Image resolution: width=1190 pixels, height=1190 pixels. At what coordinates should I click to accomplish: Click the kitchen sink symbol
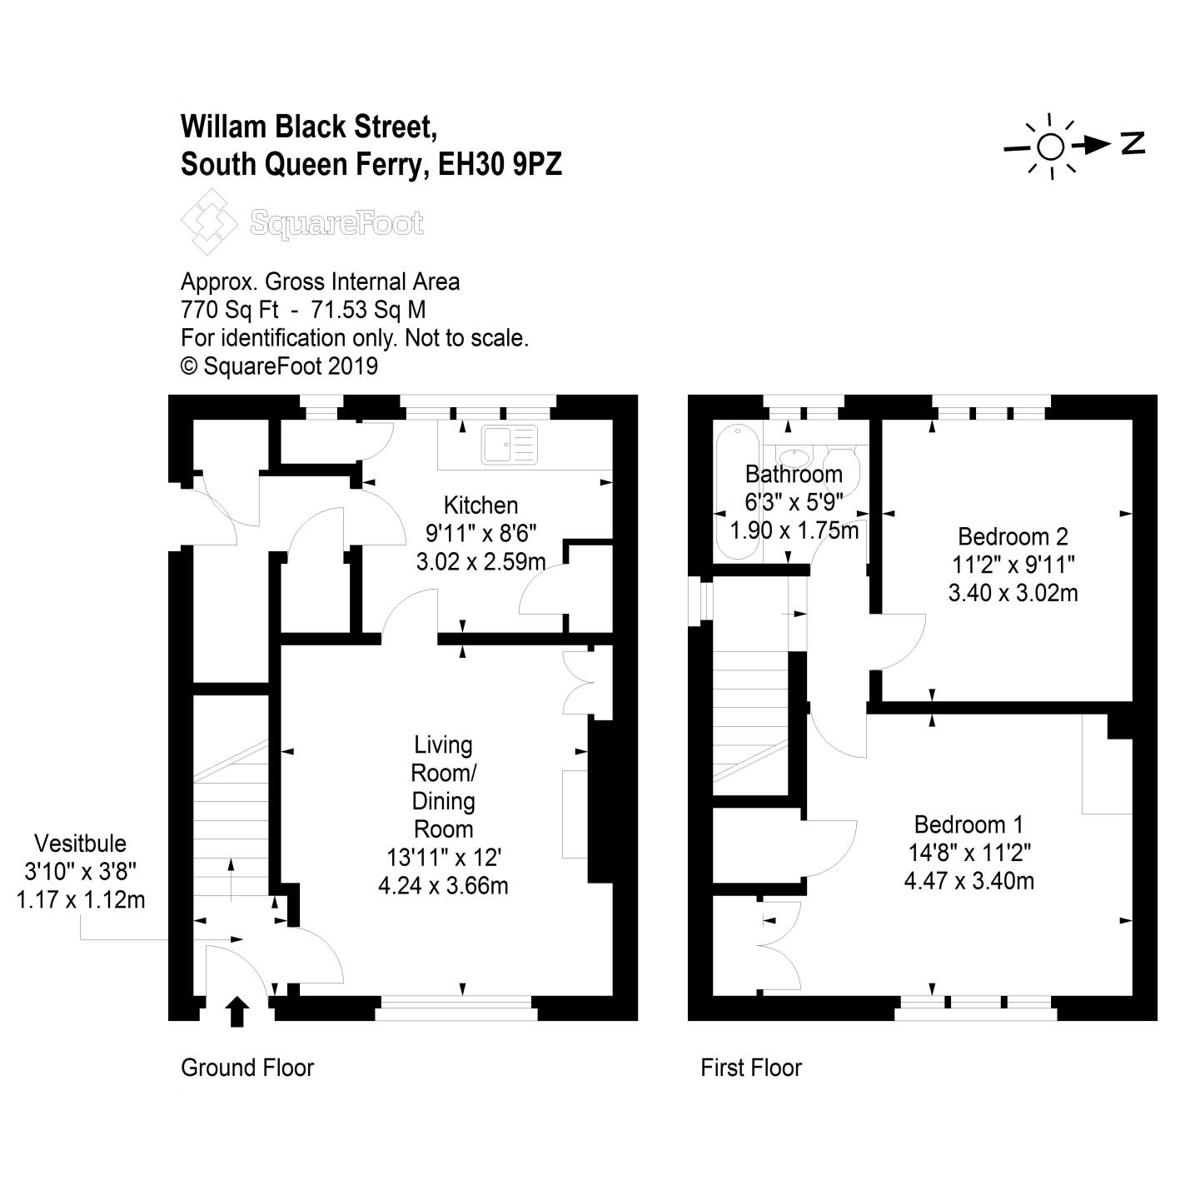[509, 445]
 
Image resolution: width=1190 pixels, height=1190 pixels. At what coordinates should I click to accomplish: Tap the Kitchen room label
[480, 505]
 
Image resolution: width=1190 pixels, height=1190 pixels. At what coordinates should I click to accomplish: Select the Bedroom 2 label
[1013, 536]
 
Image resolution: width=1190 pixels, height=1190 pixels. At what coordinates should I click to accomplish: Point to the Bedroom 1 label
[968, 824]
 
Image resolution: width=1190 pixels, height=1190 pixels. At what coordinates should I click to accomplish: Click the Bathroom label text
[794, 474]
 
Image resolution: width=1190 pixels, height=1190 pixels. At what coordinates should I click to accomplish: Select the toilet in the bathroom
[842, 460]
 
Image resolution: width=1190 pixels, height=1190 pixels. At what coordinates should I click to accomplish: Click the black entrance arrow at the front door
[237, 1011]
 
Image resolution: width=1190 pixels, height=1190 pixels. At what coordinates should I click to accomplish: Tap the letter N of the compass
[1133, 143]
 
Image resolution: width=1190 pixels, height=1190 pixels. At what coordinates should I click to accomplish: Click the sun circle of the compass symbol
[1050, 147]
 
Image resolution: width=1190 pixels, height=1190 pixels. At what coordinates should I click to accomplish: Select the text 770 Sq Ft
[230, 310]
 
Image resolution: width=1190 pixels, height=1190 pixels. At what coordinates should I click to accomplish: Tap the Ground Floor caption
[247, 1068]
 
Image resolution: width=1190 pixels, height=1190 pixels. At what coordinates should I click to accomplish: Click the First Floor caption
[750, 1068]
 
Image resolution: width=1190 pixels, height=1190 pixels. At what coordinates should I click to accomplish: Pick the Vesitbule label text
[80, 843]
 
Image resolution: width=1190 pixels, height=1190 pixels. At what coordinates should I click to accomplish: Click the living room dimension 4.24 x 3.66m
[443, 885]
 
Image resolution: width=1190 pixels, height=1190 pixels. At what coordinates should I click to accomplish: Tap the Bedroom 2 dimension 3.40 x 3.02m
[1013, 593]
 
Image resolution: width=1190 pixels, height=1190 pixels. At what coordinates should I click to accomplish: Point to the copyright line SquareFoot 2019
[279, 366]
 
